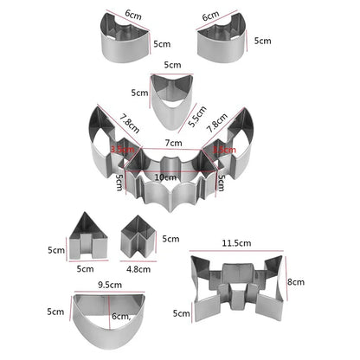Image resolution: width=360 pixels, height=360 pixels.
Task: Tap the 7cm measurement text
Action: (174, 142)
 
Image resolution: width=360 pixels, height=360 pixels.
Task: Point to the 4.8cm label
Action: (138, 268)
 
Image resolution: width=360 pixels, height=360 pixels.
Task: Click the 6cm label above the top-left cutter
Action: (132, 15)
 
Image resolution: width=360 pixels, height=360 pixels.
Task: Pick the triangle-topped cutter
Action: (87, 236)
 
